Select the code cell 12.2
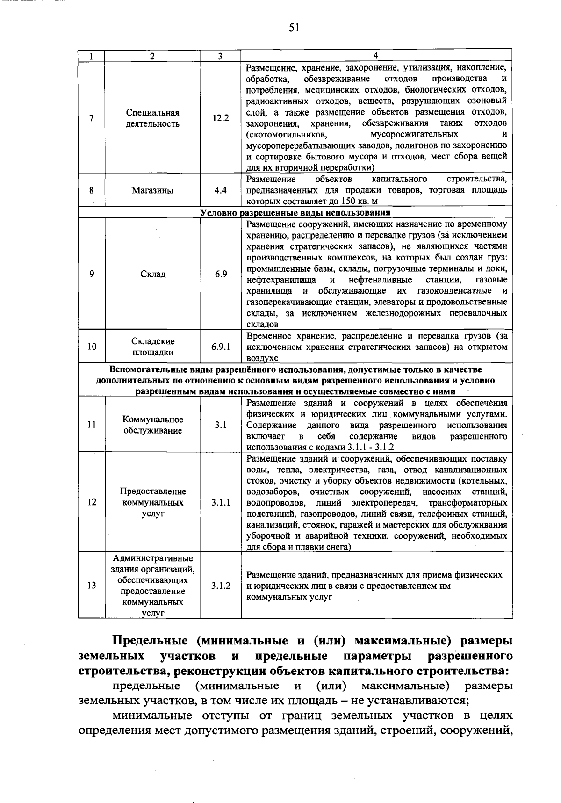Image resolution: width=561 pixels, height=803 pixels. click(221, 118)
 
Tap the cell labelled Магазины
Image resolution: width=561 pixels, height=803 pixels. click(152, 190)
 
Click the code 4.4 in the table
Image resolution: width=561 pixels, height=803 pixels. click(221, 190)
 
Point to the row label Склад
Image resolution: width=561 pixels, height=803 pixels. click(153, 274)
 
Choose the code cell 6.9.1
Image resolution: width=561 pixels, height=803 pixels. click(221, 347)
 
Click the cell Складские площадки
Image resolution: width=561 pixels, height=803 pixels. click(153, 347)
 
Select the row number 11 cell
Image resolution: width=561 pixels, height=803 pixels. click(92, 425)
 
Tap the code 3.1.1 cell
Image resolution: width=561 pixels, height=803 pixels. click(221, 503)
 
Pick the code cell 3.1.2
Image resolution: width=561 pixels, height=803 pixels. click(221, 586)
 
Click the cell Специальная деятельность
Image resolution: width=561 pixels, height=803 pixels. click(153, 118)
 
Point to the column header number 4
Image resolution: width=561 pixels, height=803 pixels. click(376, 56)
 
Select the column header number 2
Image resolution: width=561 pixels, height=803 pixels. click(152, 56)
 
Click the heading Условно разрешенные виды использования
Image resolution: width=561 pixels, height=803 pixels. click(295, 213)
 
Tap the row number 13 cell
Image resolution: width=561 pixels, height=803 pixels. click(92, 586)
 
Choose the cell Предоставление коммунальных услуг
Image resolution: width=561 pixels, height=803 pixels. click(153, 503)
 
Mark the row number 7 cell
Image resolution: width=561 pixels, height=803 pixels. click(92, 118)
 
